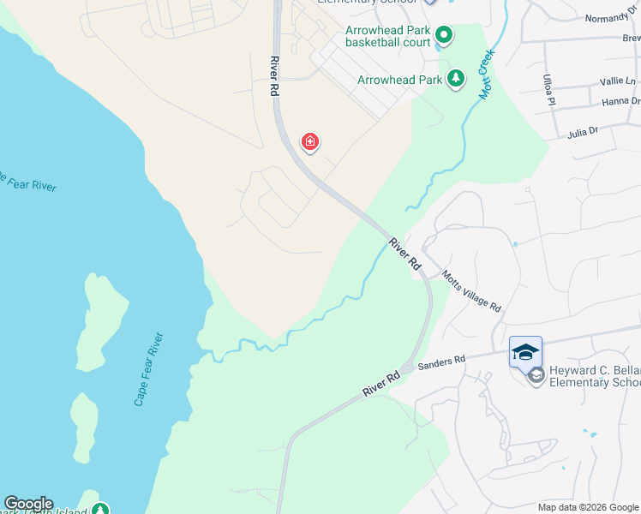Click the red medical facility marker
point(309,141)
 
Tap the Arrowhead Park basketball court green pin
point(444,36)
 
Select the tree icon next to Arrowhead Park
point(456,80)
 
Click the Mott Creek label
point(485,74)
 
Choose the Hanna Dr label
point(620,101)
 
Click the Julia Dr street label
point(582,132)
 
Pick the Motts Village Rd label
point(471,291)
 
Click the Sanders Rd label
point(441,363)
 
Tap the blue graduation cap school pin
point(525,351)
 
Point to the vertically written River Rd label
point(274,75)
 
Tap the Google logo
point(28,504)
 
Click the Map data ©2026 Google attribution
point(588,507)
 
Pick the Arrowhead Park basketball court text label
point(386,36)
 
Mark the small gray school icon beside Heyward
point(536,374)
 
